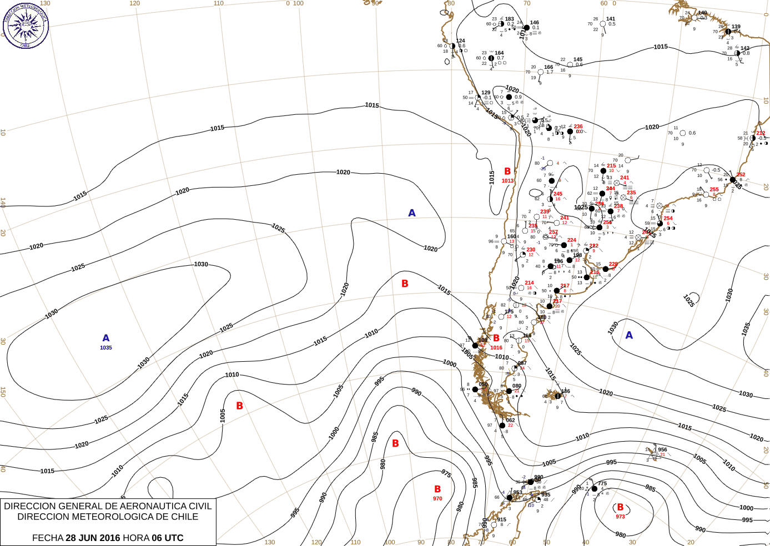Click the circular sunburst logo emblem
(26, 25)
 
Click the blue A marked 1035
(106, 338)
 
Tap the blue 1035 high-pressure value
(106, 348)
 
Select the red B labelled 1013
(507, 171)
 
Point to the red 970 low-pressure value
(437, 499)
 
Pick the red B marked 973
(620, 507)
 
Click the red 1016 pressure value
(496, 348)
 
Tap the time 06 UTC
(168, 538)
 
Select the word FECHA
(48, 538)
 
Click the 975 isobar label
(446, 474)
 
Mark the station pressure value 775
(602, 483)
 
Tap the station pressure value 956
(662, 449)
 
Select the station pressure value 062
(511, 420)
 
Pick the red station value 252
(741, 174)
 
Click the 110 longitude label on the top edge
(219, 3)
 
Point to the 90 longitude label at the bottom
(421, 542)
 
